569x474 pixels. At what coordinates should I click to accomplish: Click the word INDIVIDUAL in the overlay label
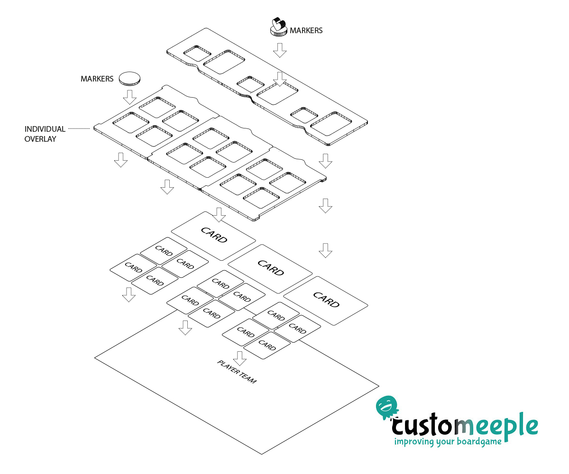coord(45,129)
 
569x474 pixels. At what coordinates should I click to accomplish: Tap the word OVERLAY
coord(40,139)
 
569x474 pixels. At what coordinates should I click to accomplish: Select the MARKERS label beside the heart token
coord(306,30)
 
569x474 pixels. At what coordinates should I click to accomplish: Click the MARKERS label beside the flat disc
coord(97,79)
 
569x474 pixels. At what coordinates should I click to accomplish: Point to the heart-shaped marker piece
coord(278,25)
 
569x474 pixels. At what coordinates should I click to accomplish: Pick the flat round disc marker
coord(129,79)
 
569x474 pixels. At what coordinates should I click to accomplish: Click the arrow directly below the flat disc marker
coord(130,97)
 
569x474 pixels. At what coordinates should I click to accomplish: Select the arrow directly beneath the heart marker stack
coord(280,50)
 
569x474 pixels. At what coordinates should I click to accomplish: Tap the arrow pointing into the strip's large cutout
coord(280,79)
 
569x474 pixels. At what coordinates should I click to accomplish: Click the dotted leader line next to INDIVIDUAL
coord(79,128)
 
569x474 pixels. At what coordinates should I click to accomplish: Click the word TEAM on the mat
coord(248,378)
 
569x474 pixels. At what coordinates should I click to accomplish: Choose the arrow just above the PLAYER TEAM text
coord(240,358)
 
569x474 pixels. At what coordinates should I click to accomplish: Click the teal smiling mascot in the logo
coord(387,407)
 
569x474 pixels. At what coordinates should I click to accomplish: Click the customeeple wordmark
coord(465,426)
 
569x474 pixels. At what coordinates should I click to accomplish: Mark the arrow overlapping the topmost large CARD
coord(219,215)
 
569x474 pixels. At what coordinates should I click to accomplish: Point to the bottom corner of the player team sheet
coord(262,454)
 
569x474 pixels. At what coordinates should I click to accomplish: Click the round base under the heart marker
coord(279,32)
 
